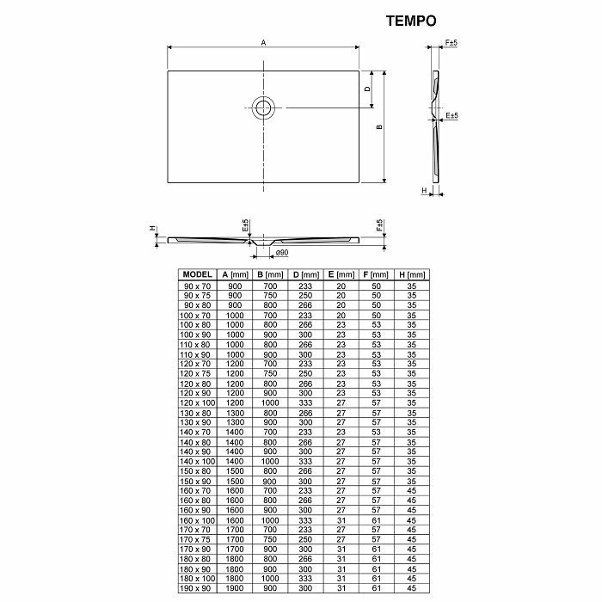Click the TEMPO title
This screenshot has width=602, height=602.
(x=411, y=21)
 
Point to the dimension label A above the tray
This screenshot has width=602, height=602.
(x=263, y=43)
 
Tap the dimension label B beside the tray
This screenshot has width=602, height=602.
(x=380, y=126)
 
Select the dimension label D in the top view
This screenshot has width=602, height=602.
(x=367, y=89)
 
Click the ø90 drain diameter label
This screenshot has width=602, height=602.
(x=282, y=253)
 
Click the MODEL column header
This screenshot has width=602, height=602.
(x=197, y=274)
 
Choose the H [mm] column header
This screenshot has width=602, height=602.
(x=412, y=274)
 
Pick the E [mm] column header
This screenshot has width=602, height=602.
(x=341, y=274)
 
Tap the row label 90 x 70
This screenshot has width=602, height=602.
(x=197, y=286)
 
